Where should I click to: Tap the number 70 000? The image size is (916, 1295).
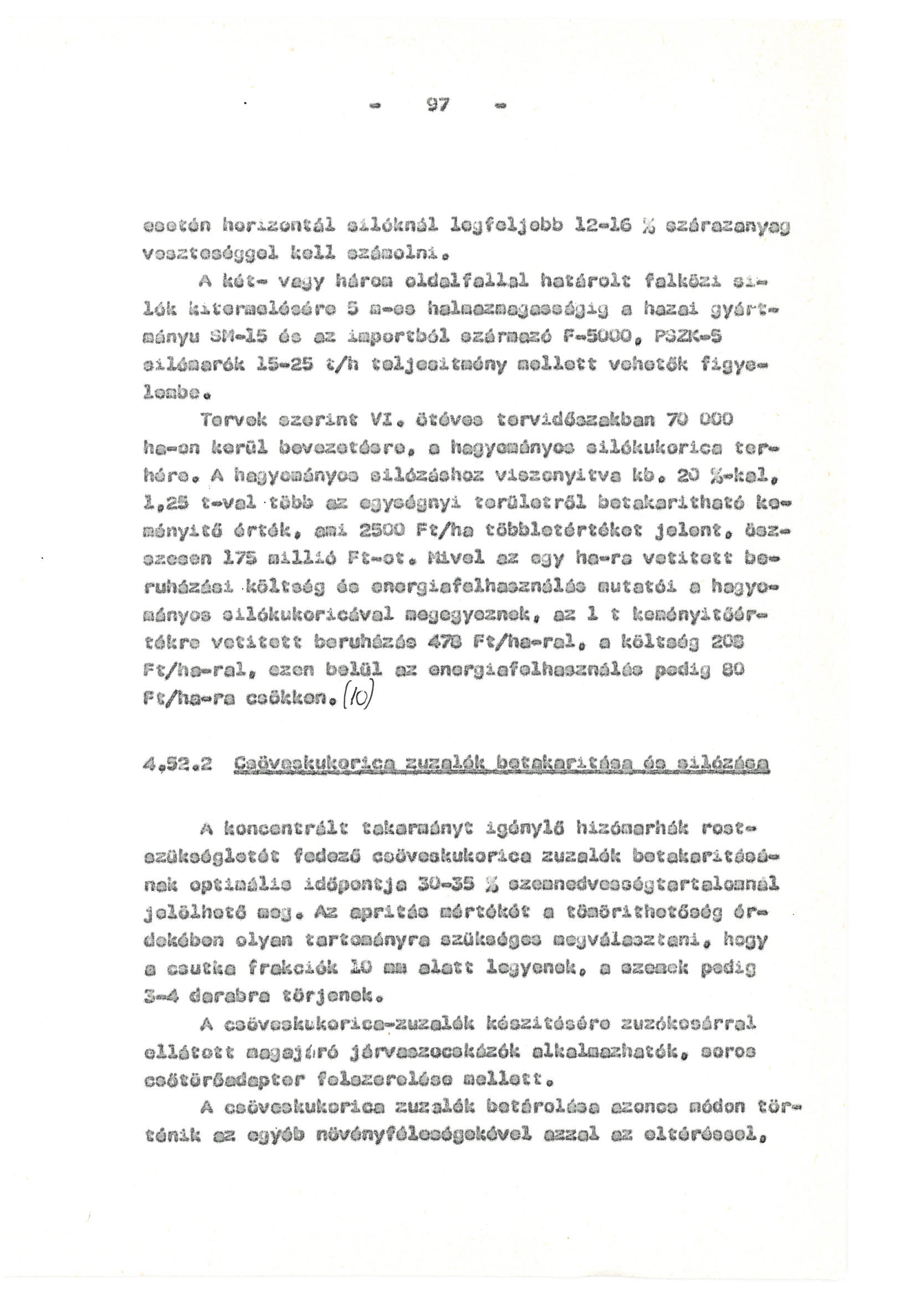click(699, 420)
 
